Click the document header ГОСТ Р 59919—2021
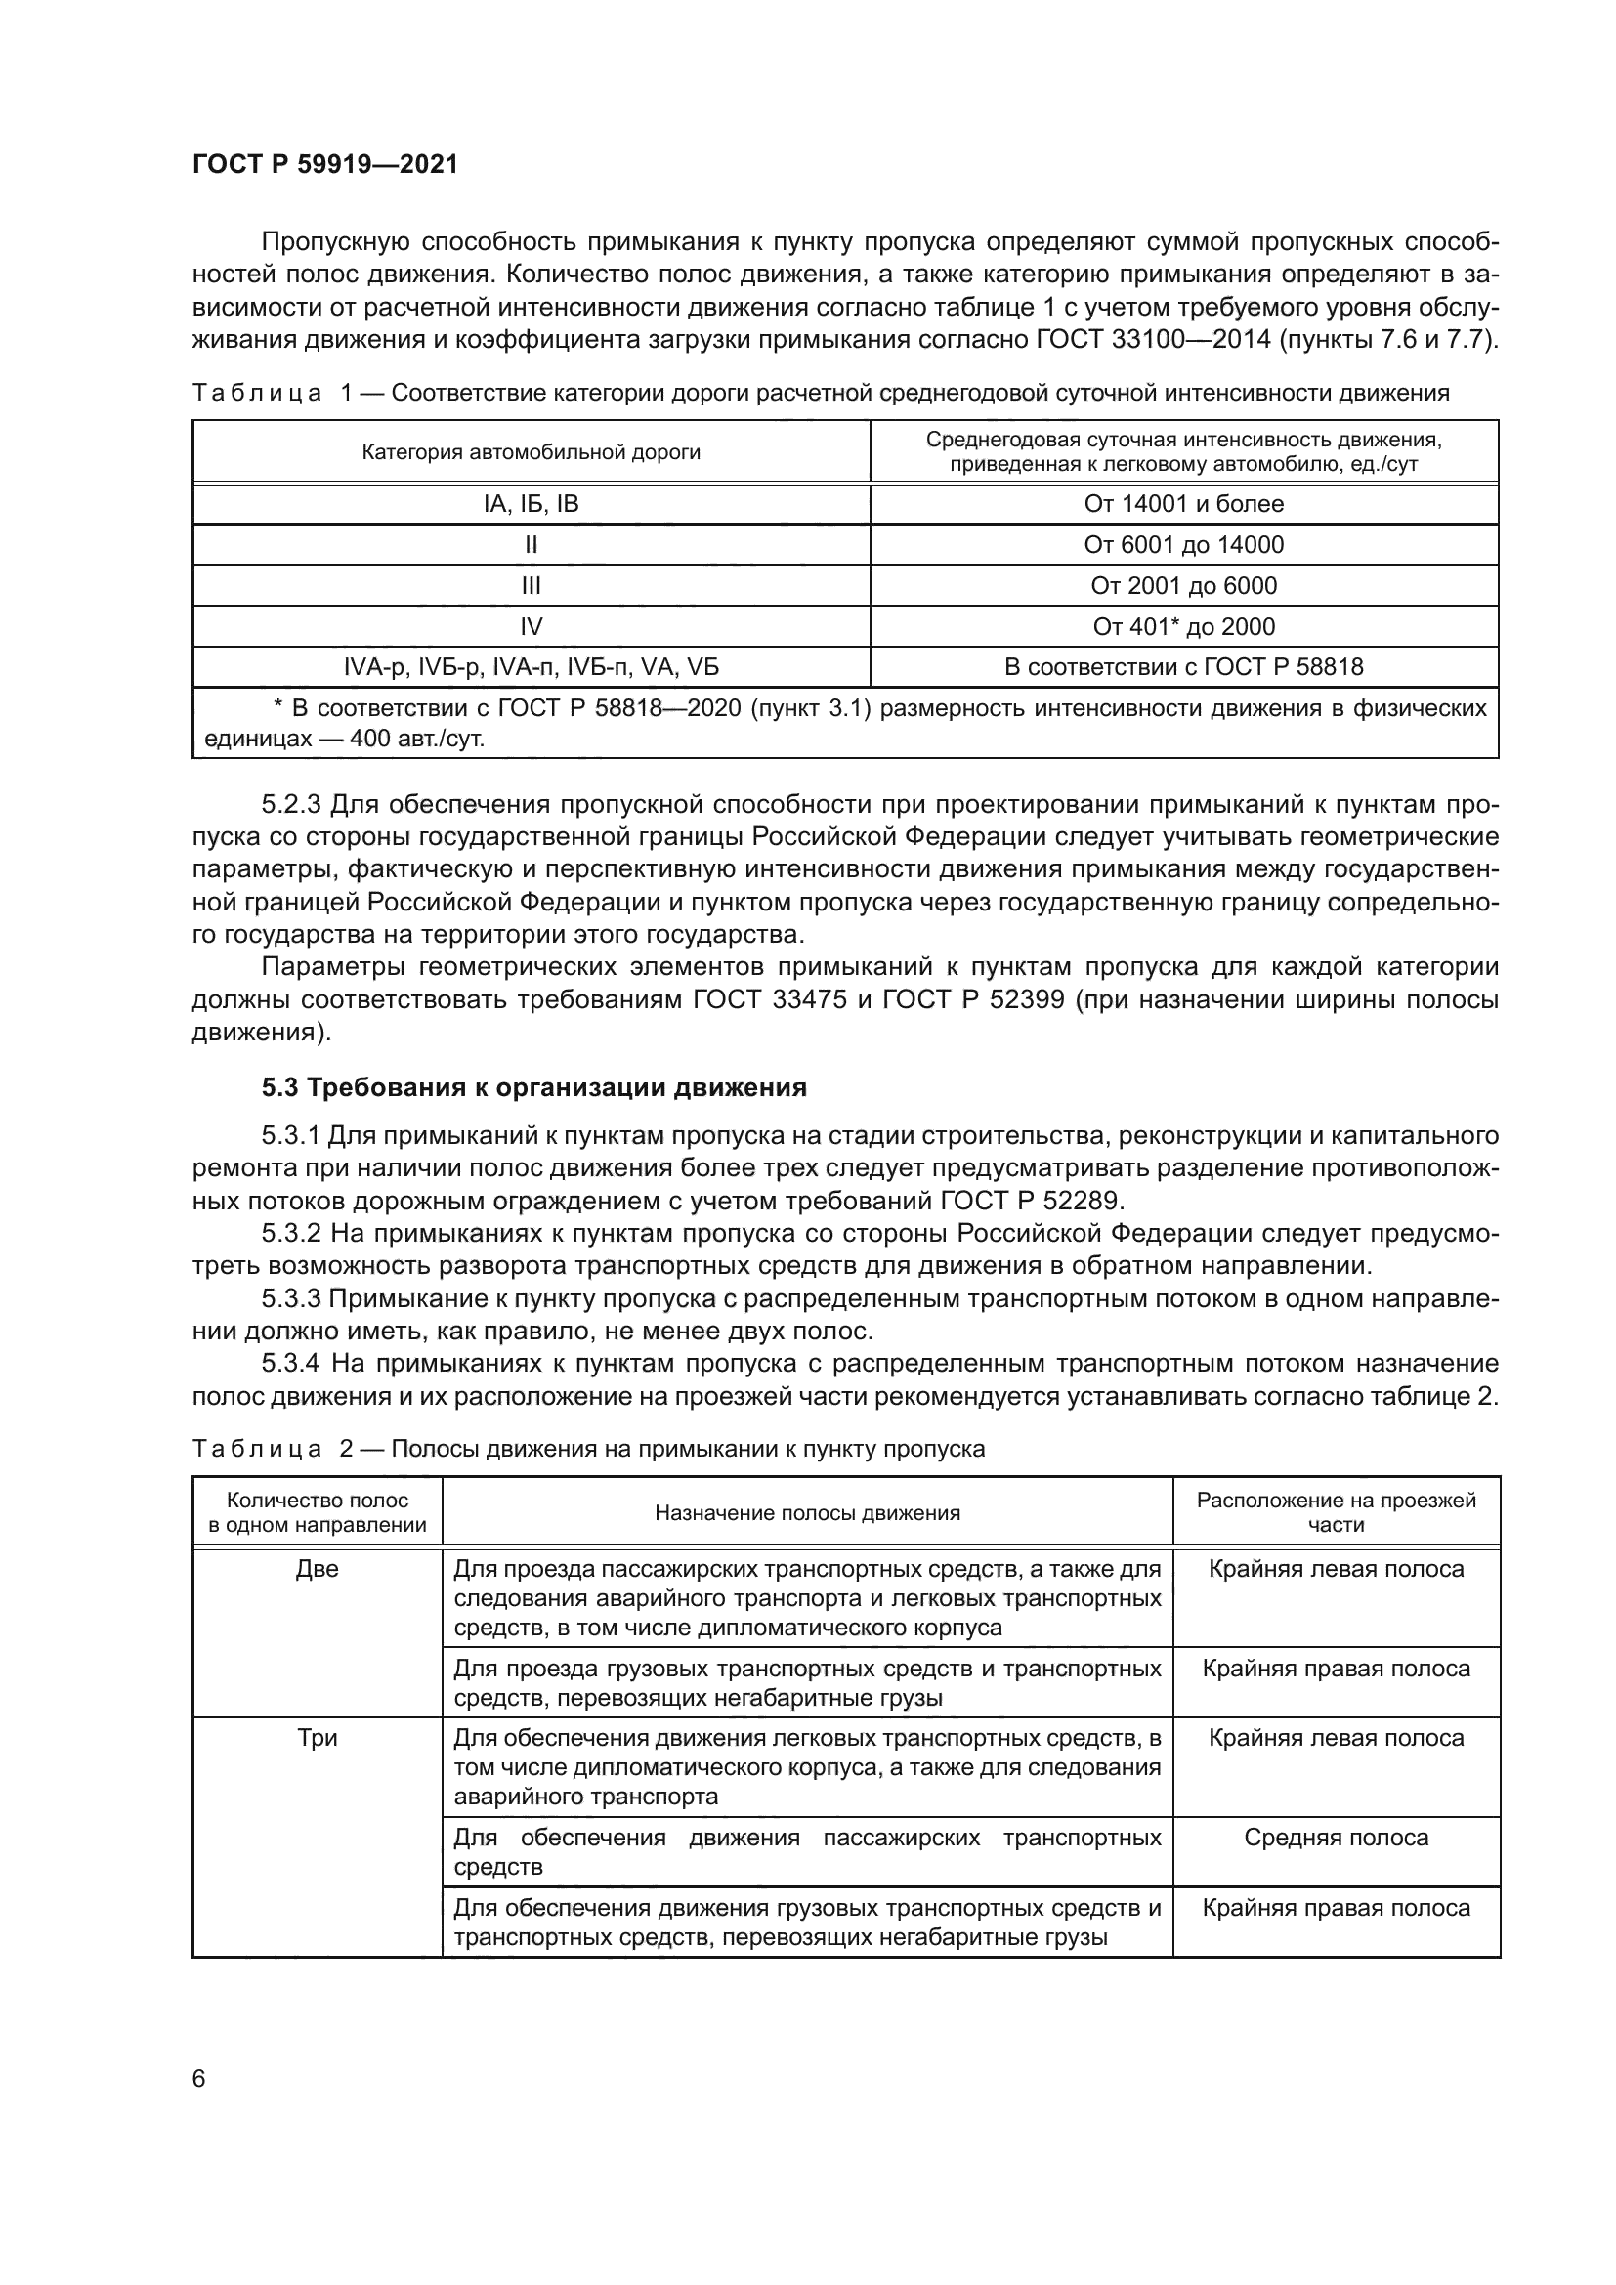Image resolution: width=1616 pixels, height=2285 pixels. (324, 164)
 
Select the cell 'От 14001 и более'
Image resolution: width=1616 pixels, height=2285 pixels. (1183, 503)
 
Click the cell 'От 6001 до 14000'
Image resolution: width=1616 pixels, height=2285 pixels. (1183, 544)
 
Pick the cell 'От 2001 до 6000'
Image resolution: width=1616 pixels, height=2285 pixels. (1183, 585)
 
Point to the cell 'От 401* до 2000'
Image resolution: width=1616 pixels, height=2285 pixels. (1183, 626)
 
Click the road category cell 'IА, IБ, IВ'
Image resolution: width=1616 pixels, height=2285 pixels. (531, 503)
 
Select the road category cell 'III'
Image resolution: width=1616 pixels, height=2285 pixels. (531, 585)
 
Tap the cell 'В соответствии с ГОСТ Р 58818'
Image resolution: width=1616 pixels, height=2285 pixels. (1183, 667)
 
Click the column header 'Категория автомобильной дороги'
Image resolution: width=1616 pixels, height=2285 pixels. (531, 453)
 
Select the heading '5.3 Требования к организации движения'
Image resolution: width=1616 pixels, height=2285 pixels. (533, 1087)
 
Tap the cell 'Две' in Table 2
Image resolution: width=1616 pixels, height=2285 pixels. (318, 1570)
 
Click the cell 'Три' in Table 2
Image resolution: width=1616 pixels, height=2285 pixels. (318, 1738)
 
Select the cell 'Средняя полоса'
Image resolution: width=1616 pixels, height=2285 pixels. (1336, 1839)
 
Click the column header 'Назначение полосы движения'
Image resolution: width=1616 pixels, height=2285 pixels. (807, 1513)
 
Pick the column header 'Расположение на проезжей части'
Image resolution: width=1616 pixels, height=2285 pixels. (1336, 1512)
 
